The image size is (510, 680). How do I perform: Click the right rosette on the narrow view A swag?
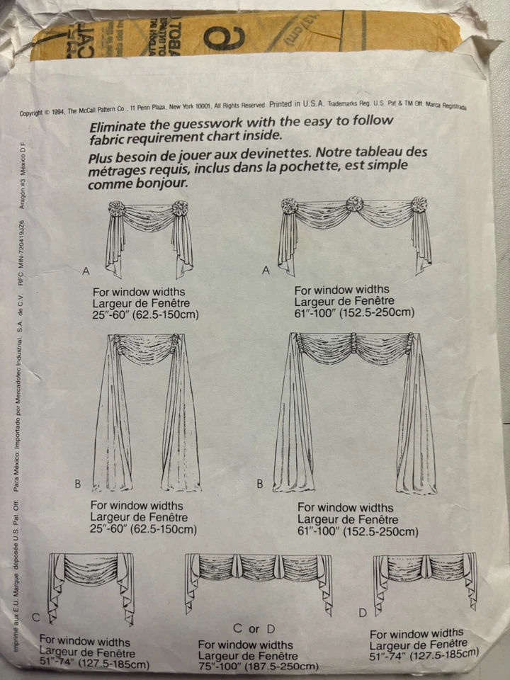click(181, 210)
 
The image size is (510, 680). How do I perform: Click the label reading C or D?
click(254, 628)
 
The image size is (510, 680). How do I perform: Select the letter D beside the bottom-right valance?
click(363, 611)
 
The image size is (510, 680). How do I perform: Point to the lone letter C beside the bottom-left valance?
click(35, 617)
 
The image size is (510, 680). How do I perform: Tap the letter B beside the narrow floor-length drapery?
click(78, 484)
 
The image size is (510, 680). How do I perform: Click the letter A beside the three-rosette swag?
click(266, 270)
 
